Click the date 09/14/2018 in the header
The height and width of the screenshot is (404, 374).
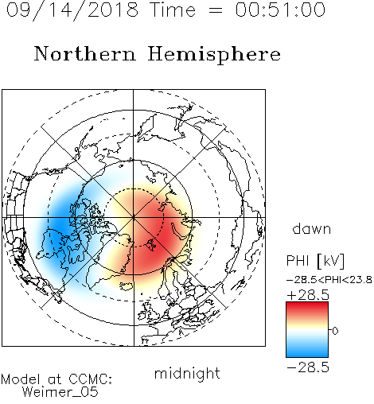[x=72, y=10]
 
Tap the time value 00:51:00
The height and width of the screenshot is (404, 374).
[x=280, y=10]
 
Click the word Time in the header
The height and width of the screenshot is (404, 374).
[x=173, y=10]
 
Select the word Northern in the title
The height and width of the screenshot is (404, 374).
[x=85, y=53]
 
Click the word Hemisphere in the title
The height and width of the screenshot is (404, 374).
[x=214, y=54]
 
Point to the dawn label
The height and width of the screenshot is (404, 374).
[x=312, y=228]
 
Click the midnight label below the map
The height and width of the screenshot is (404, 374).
[x=187, y=373]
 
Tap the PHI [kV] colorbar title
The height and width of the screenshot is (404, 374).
[x=315, y=261]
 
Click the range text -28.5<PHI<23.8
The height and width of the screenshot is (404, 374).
[x=329, y=280]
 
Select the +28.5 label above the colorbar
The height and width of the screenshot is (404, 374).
[x=308, y=295]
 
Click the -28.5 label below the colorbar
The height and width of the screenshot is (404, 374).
[x=308, y=367]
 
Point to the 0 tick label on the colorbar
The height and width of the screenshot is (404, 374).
[x=335, y=331]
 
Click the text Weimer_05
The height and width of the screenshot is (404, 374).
[x=60, y=392]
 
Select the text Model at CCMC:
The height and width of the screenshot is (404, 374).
[x=56, y=379]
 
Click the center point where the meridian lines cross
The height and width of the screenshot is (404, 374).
[x=134, y=218]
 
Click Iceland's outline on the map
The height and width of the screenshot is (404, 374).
[x=127, y=286]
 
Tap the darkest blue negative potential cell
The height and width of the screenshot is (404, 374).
[x=57, y=225]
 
